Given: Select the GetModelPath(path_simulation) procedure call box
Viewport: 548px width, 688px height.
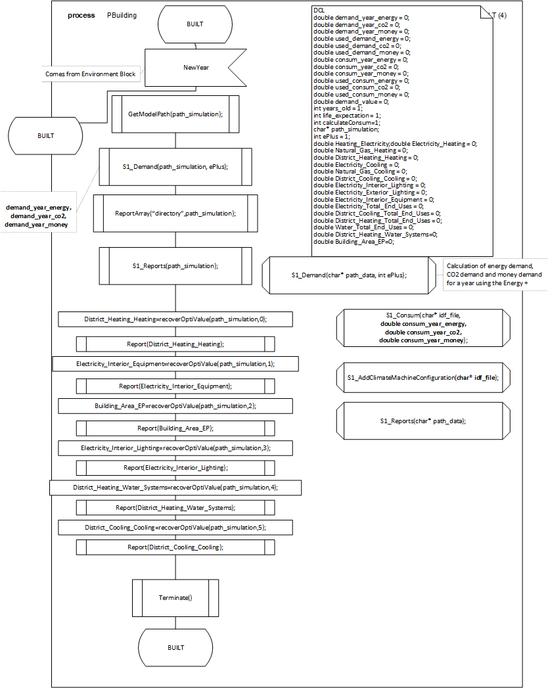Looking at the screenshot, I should (175, 114).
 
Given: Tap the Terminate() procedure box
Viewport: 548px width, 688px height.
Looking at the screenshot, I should (175, 597).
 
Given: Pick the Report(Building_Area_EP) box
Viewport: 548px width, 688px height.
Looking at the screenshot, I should (175, 428).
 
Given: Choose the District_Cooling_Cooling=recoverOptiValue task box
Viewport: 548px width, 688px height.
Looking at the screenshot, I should (175, 528).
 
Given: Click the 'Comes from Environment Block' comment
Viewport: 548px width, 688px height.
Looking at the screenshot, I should (91, 74).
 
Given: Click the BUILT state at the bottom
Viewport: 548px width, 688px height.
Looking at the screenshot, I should (175, 647).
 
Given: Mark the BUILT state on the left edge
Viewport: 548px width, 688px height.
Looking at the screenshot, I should (45, 135).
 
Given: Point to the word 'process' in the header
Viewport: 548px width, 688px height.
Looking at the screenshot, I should (81, 15).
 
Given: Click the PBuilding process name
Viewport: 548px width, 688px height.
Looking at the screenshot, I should (122, 15).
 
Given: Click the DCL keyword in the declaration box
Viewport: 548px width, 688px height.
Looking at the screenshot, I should (319, 11).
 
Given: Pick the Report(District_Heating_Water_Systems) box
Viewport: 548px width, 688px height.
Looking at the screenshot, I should (175, 508).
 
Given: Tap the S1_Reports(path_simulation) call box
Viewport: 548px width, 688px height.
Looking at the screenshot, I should (175, 266).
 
